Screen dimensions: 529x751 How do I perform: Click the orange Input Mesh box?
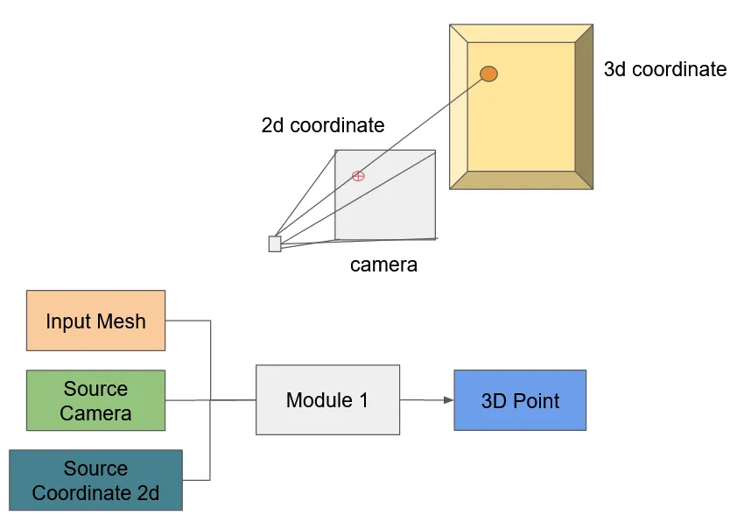[95, 321]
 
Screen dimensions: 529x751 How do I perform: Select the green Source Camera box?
[95, 400]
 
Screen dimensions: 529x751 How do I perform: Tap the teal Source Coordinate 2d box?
[95, 480]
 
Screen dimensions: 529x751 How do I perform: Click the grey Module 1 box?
[327, 400]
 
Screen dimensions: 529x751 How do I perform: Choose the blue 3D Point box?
[520, 400]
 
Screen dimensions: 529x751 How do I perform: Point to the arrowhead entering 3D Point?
[448, 400]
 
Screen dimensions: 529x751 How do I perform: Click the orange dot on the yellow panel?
[488, 74]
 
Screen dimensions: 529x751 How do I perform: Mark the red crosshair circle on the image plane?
[358, 176]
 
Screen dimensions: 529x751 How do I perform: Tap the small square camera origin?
[275, 243]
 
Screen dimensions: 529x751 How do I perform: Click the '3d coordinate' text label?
[665, 69]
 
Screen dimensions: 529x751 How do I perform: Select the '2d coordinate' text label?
[323, 125]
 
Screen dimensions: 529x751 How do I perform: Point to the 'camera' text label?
[383, 264]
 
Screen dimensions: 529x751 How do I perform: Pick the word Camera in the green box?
[95, 413]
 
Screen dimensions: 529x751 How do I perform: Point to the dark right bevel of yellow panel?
[584, 106]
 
